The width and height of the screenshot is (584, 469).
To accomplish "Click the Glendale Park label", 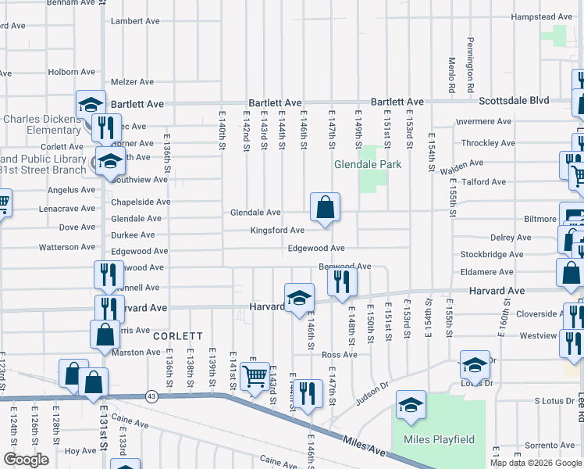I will [368, 164].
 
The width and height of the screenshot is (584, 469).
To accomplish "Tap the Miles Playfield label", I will [439, 439].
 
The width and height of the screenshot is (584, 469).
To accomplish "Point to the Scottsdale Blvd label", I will [514, 101].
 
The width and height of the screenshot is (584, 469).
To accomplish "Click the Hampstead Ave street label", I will [542, 16].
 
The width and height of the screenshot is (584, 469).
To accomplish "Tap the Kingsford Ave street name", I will [276, 231].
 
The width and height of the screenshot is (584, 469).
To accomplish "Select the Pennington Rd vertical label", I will [472, 60].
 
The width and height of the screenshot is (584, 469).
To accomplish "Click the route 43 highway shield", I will [151, 397].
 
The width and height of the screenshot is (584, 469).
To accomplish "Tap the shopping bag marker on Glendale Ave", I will [325, 208].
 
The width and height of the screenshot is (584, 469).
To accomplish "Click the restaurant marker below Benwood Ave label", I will [341, 282].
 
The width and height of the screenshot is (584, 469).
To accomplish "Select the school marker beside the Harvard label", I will [298, 298].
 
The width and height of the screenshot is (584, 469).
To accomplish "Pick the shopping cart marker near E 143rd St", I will [255, 377].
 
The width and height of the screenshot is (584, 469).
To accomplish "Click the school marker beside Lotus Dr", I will [475, 365].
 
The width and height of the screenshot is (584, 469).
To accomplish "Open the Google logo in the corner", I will [25, 460].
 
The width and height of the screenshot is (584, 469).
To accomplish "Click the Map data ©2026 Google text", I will [536, 463].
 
